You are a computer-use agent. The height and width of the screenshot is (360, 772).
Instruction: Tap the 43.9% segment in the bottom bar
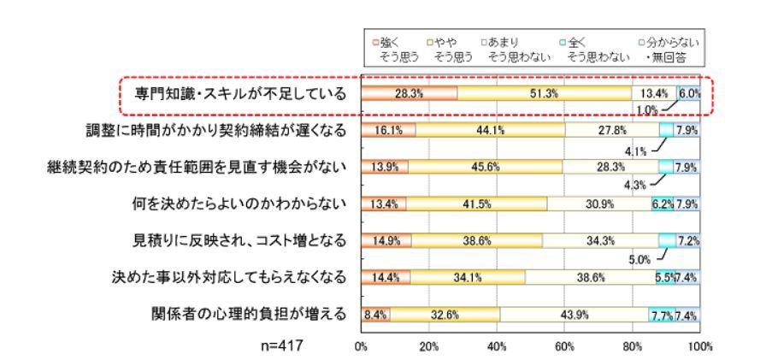click(x=575, y=314)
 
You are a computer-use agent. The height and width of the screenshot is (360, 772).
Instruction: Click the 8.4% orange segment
click(x=375, y=314)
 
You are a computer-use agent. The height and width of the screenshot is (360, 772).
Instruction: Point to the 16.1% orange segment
click(x=388, y=130)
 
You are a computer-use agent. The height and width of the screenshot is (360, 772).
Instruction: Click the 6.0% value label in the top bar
click(x=690, y=93)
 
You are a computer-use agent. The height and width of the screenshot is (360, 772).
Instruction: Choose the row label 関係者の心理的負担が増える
click(x=247, y=314)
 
